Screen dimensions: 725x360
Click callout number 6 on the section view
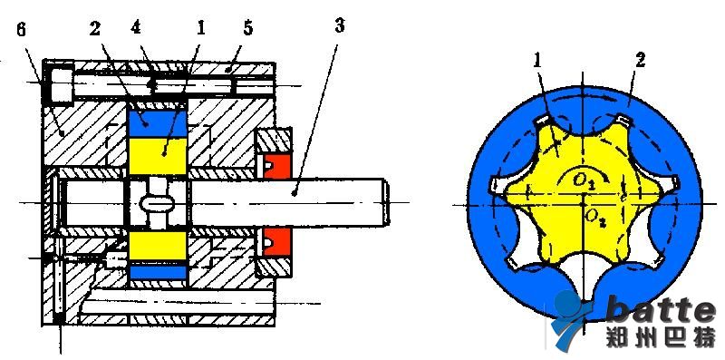click(21, 30)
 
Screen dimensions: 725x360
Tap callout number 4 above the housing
click(135, 28)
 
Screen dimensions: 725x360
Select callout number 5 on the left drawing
click(248, 28)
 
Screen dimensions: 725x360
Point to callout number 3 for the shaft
click(339, 25)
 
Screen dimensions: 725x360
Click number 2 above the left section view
click(95, 29)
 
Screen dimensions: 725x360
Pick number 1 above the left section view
click(199, 28)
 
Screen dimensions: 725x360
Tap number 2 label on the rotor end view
click(640, 61)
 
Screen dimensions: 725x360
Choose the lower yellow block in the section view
click(157, 246)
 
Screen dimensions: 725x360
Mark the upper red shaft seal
click(276, 167)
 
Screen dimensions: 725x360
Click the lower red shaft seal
click(276, 240)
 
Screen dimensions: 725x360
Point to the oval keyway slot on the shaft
click(157, 203)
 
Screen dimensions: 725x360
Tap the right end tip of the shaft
click(390, 203)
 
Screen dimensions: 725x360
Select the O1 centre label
click(584, 180)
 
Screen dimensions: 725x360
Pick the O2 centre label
click(594, 217)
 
